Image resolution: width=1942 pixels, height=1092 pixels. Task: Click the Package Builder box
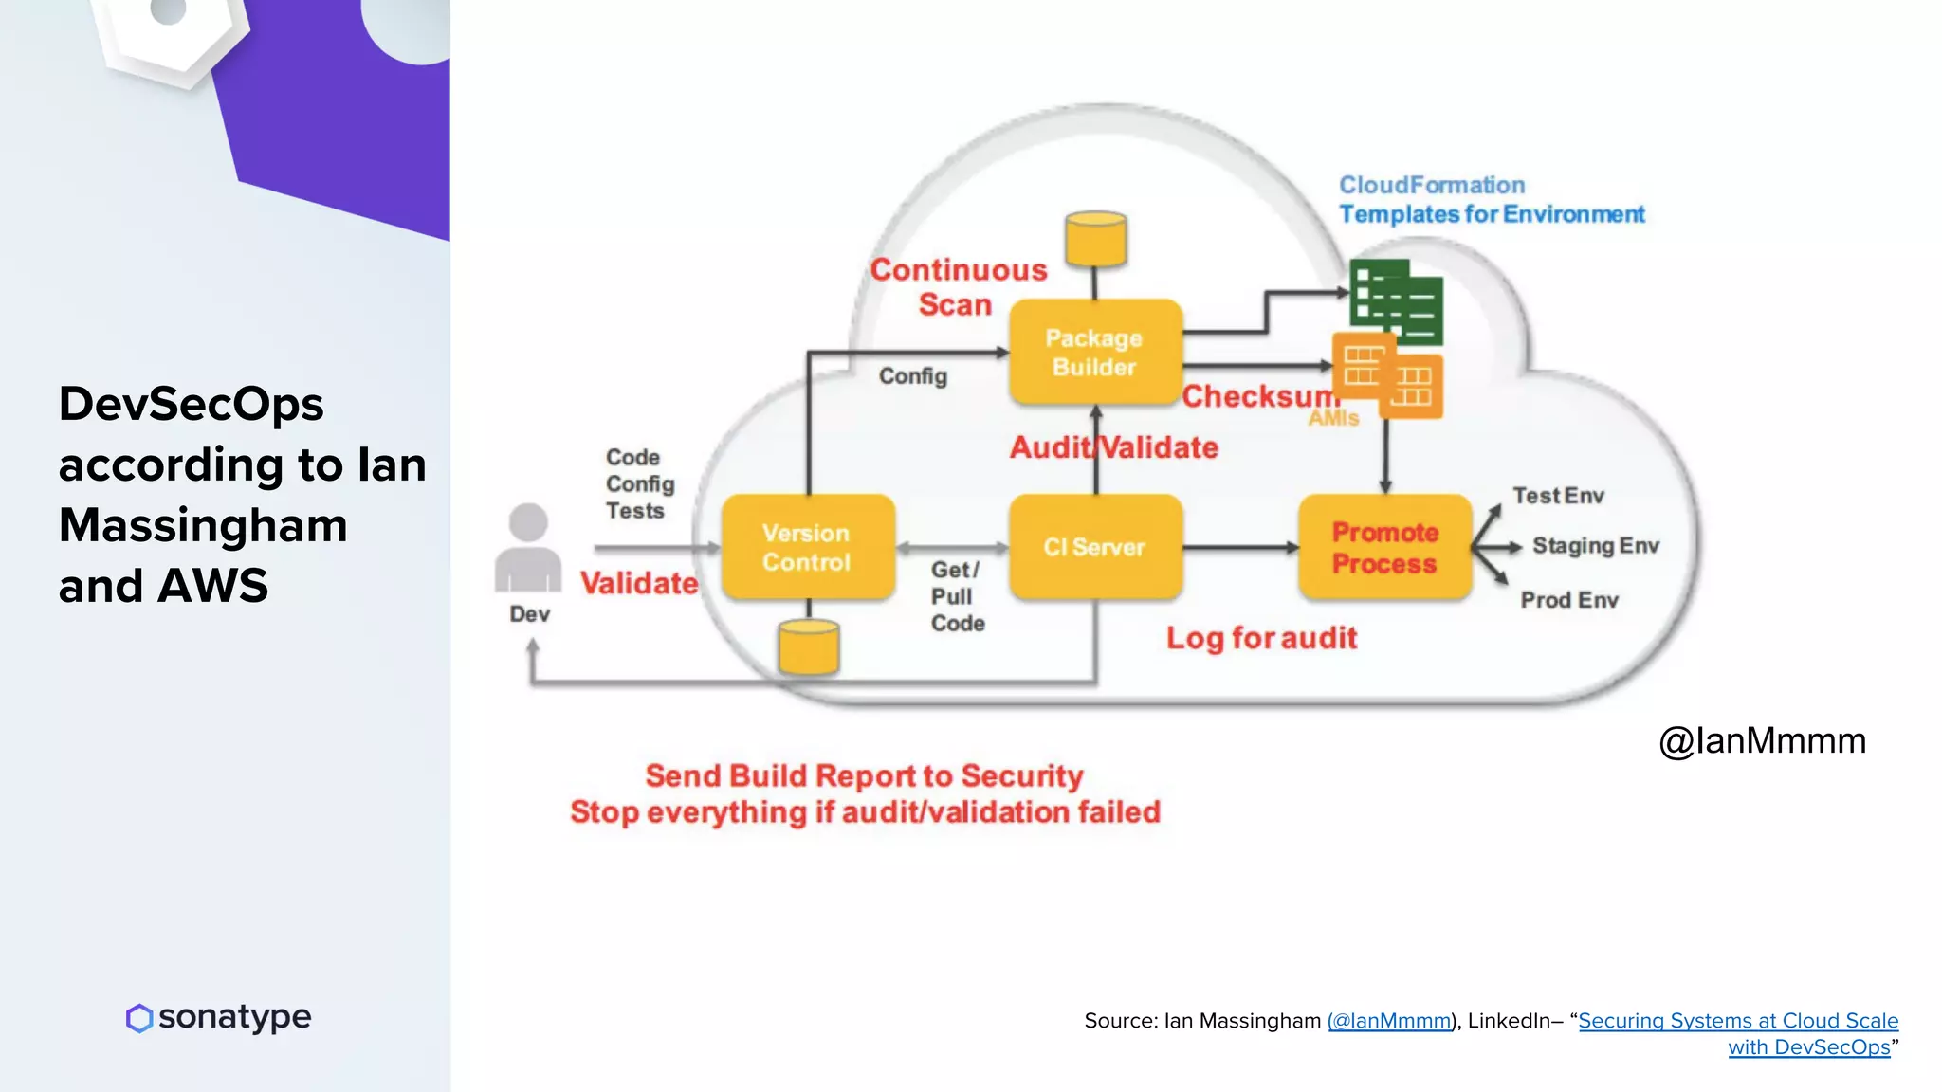[x=1095, y=353]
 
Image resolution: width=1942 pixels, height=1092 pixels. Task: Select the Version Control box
[x=808, y=547]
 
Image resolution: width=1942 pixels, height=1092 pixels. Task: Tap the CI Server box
[x=1095, y=547]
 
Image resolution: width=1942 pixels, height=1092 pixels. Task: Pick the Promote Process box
[x=1384, y=547]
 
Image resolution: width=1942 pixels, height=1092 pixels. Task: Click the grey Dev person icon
[x=528, y=550]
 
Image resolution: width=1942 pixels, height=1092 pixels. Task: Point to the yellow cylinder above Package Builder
[x=1095, y=238]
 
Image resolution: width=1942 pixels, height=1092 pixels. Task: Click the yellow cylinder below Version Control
[x=808, y=647]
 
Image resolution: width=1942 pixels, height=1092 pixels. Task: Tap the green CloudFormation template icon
[x=1396, y=301]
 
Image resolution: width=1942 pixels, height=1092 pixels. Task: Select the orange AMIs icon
[x=1387, y=376]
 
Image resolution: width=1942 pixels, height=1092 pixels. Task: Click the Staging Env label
[x=1595, y=546]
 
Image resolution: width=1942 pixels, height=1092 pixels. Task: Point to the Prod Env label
[x=1569, y=600]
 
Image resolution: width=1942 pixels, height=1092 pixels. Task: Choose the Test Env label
[x=1558, y=496]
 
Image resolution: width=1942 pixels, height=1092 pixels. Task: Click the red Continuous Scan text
[x=958, y=287]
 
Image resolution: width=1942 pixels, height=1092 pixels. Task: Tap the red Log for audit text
[x=1261, y=638]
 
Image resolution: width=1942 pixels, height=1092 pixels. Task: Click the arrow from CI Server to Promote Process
[x=1240, y=547]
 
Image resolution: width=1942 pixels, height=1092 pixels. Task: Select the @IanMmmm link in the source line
[x=1389, y=1021]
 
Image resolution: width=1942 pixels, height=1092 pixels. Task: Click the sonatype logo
[x=218, y=1017]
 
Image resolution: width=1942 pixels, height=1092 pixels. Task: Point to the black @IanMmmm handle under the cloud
[x=1762, y=740]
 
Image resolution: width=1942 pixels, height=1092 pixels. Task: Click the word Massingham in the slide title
[x=203, y=525]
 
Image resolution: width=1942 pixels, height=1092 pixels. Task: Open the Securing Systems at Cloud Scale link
[x=1737, y=1021]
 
